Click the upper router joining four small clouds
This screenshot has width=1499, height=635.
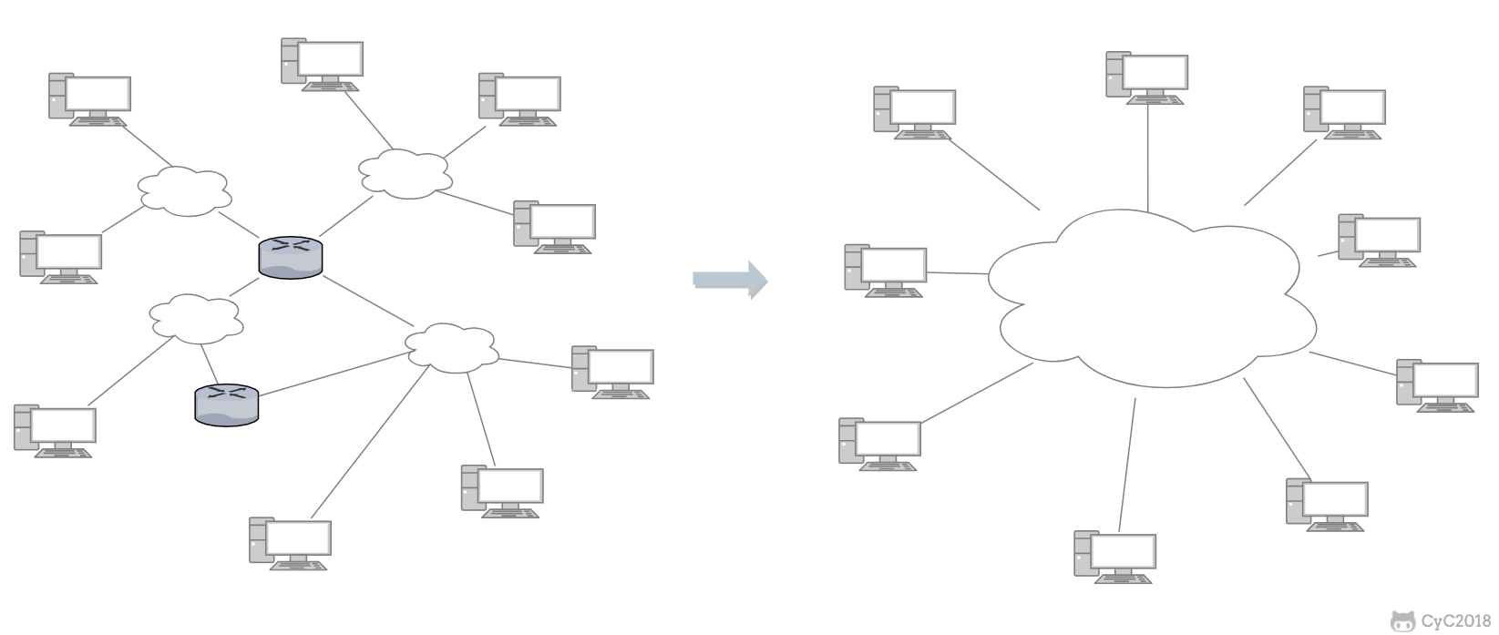tap(291, 258)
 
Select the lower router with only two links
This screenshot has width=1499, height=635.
tap(227, 404)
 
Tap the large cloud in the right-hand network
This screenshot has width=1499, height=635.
tap(1153, 296)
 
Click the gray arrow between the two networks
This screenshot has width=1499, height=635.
tap(730, 280)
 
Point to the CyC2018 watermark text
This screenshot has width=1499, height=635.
tap(1455, 621)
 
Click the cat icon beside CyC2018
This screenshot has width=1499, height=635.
tap(1402, 621)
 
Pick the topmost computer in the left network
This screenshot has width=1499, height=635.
tap(322, 65)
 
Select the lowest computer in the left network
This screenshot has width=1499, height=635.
tap(290, 545)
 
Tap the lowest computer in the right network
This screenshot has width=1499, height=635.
tap(1114, 556)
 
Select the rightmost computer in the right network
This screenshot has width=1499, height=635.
tap(1437, 385)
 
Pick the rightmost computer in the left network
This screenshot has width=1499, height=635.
tap(611, 373)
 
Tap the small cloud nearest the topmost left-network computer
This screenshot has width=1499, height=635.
tap(405, 172)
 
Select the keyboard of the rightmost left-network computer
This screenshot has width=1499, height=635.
tap(622, 395)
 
